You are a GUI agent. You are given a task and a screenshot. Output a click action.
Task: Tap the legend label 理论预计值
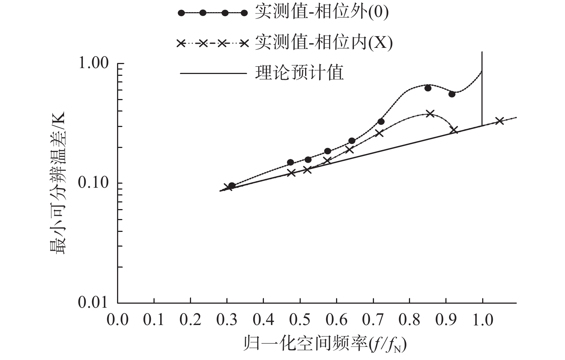point(299,73)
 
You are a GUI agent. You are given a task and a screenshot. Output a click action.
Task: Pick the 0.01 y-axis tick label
point(94,303)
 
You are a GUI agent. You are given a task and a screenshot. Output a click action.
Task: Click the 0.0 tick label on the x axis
point(117,320)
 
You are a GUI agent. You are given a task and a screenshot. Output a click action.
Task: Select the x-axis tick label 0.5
point(300,320)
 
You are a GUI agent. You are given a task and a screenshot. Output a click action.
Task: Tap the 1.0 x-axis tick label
point(482,320)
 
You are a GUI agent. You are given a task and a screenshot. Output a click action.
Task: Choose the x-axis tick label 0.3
point(227,320)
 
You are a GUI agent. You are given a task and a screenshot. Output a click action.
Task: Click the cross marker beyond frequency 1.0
point(499,121)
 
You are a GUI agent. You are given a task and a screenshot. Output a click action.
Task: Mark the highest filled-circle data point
point(428,88)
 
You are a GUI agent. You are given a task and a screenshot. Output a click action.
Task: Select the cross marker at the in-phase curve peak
point(430,113)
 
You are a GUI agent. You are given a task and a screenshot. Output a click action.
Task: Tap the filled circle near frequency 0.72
point(381,121)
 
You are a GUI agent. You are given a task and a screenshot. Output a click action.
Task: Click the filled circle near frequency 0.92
point(452,94)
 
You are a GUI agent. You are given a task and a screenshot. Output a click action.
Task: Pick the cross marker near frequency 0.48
point(292,173)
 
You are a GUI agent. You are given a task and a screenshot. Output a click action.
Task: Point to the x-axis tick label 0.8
point(409,320)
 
